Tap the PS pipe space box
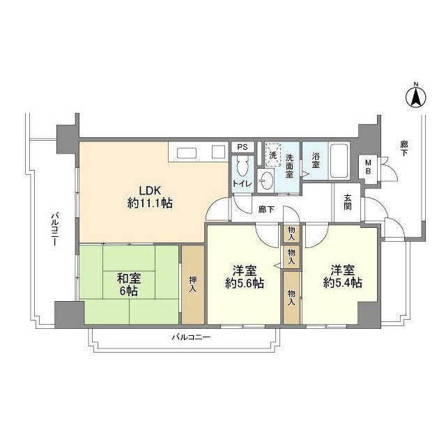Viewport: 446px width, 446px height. click(x=242, y=147)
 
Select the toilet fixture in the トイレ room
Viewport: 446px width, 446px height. click(x=243, y=167)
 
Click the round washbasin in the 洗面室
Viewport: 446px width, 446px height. click(x=266, y=180)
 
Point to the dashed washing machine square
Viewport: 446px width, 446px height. click(x=272, y=155)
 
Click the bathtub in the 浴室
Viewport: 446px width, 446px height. click(x=339, y=161)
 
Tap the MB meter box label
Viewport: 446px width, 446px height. click(x=368, y=167)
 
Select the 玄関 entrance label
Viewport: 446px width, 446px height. click(x=347, y=201)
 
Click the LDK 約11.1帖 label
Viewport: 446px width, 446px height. click(x=150, y=197)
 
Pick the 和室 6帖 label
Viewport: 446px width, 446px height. click(x=129, y=284)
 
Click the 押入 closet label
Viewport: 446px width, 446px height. click(x=193, y=284)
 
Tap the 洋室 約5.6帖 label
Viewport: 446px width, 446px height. click(x=245, y=277)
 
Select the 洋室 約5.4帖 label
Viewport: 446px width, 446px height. click(x=342, y=277)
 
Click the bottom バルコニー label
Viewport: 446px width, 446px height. click(x=191, y=337)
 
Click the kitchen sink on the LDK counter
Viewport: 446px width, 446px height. click(x=186, y=153)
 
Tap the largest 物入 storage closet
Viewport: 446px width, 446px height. click(x=291, y=298)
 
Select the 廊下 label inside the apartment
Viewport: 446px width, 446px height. click(x=266, y=210)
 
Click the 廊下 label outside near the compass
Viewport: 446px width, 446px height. click(x=403, y=148)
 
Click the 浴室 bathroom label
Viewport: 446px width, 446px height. click(x=316, y=160)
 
